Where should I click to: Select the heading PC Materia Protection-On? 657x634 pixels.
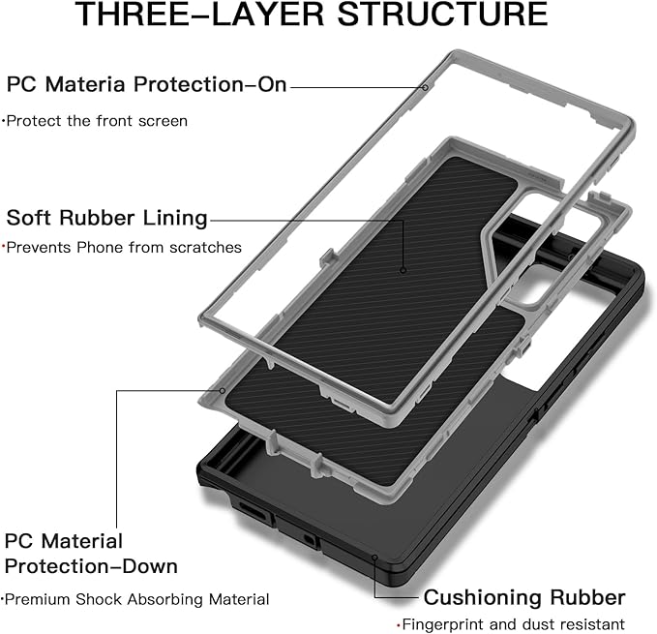(x=147, y=85)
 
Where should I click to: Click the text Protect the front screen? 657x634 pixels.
(x=96, y=121)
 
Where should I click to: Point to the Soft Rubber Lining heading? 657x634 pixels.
(x=107, y=217)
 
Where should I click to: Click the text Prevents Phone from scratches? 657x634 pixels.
(x=124, y=248)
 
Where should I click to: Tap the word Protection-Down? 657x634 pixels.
(x=91, y=565)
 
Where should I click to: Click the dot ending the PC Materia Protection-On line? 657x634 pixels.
(x=425, y=87)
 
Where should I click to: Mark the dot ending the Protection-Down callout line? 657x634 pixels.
(x=222, y=391)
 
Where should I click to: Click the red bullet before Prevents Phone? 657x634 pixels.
(x=4, y=247)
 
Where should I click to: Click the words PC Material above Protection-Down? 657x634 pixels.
(x=64, y=540)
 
